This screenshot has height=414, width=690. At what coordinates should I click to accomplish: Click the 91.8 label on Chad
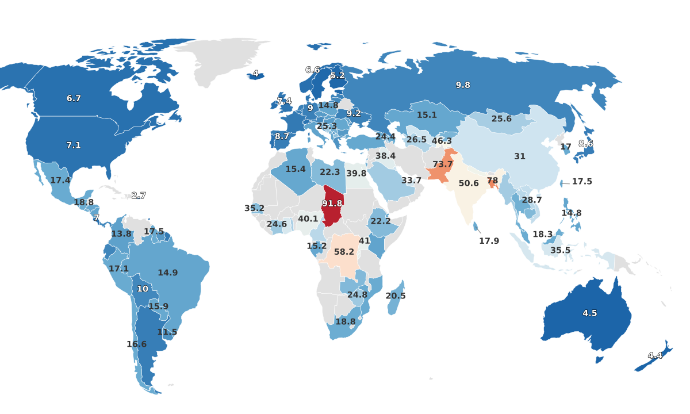332,204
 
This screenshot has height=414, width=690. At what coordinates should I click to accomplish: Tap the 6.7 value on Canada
74,98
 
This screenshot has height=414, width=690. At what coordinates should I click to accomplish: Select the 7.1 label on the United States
74,145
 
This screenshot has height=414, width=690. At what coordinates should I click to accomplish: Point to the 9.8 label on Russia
463,85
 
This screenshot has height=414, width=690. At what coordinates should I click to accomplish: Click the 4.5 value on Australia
590,313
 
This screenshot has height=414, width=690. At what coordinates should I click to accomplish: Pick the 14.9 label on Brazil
168,273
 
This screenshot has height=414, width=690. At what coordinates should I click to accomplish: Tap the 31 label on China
520,156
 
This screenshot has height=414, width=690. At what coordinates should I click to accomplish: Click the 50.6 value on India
469,183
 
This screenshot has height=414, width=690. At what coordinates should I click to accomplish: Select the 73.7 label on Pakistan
443,164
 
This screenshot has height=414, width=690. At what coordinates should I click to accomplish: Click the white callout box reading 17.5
582,181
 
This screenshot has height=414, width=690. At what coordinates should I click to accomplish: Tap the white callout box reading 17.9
489,241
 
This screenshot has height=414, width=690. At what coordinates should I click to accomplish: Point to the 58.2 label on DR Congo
344,252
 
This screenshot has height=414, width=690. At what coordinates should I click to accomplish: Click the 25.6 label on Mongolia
501,118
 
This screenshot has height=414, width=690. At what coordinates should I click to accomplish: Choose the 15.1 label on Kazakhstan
427,115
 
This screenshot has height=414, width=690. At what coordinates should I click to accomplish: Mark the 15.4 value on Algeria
296,169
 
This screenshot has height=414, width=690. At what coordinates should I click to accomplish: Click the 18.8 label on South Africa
345,321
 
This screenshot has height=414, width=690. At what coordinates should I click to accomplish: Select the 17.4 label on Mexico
60,180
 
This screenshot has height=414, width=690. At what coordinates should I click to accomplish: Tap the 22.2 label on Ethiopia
381,221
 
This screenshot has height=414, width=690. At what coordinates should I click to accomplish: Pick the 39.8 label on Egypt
356,173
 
